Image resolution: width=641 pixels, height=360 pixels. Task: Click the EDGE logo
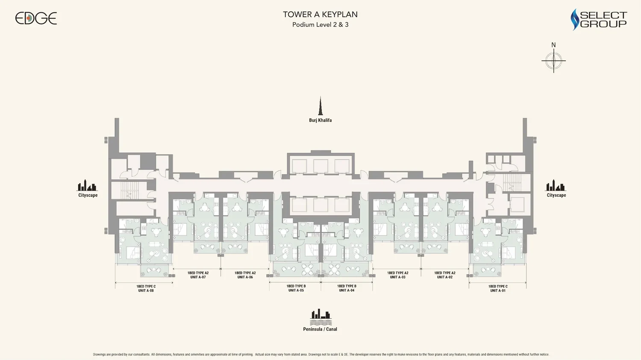36,18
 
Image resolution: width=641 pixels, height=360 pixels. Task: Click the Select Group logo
599,20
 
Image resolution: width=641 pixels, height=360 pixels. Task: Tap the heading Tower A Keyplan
320,15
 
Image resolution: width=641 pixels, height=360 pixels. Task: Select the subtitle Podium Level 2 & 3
320,25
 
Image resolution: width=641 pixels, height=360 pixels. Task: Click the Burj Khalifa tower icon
320,106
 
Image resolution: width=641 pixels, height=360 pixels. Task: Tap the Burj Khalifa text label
320,120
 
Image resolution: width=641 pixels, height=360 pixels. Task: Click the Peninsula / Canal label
320,329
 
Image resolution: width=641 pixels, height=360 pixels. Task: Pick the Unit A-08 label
146,289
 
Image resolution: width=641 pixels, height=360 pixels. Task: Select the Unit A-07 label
198,275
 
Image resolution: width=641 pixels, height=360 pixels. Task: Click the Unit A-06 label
245,275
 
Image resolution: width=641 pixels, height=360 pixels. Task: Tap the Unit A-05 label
296,288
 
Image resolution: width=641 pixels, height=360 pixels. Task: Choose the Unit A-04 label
347,288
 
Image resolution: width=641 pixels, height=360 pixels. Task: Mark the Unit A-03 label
398,275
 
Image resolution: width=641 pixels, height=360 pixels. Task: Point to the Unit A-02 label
445,275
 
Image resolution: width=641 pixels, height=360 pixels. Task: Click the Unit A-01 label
498,289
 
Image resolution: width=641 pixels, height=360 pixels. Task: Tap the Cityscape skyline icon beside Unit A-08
87,185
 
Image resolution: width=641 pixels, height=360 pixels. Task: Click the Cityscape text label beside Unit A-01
556,195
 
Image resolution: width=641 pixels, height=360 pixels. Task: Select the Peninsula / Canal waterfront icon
320,317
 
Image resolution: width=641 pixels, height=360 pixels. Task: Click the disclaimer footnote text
321,354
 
